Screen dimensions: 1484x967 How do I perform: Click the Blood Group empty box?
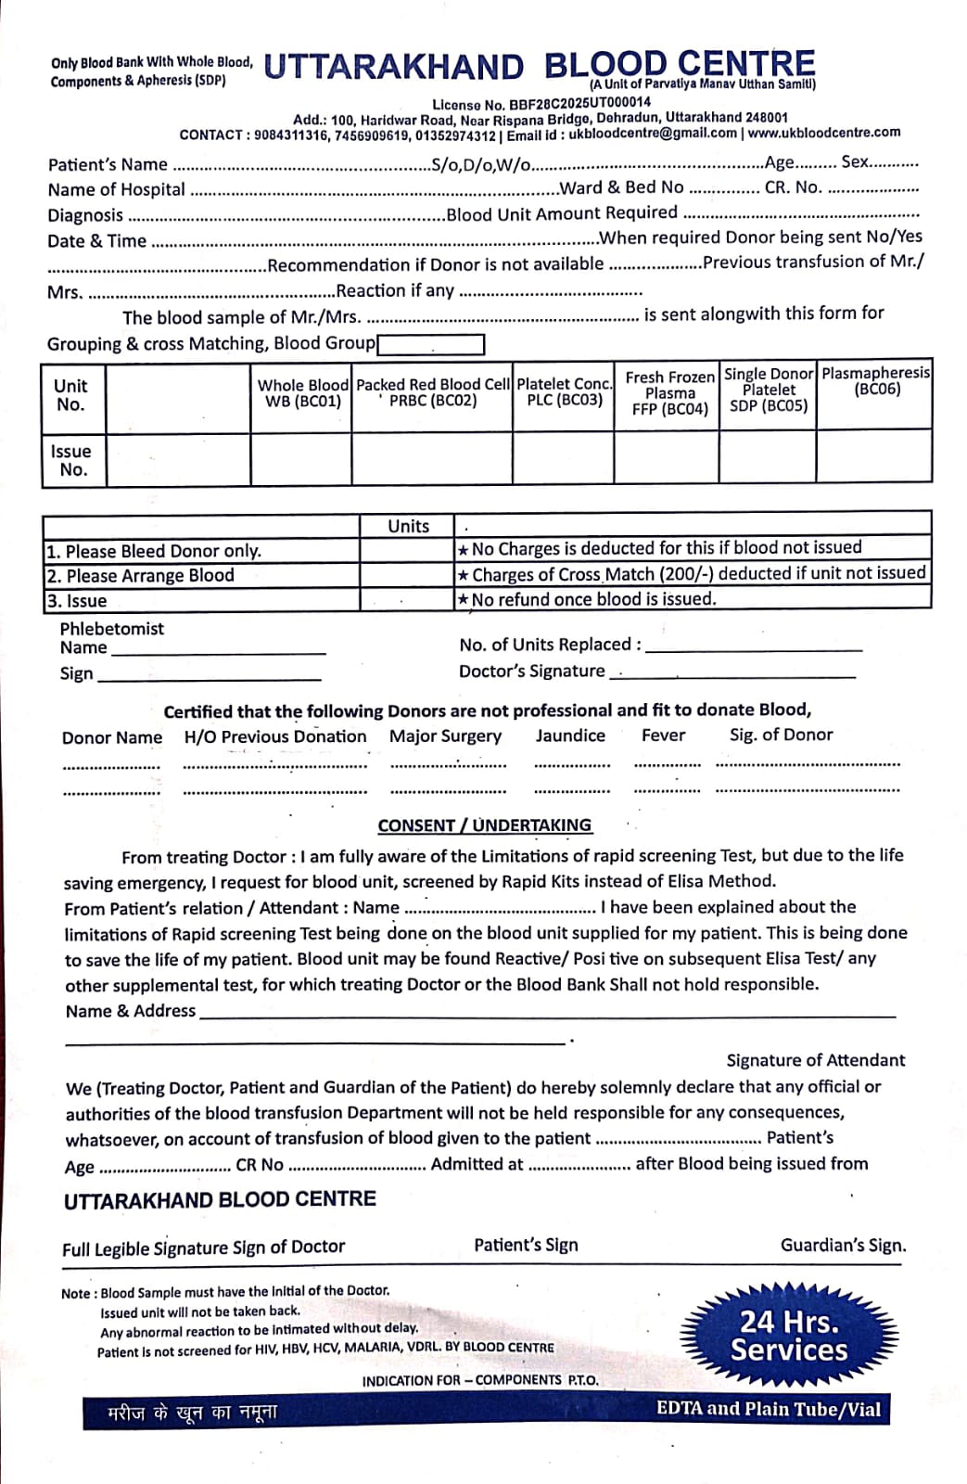pyautogui.click(x=431, y=345)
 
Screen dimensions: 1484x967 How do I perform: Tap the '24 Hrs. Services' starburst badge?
pyautogui.click(x=789, y=1336)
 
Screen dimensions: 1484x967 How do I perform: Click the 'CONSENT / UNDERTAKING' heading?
pyautogui.click(x=484, y=825)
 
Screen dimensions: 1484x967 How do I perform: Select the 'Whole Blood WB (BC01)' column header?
pyautogui.click(x=302, y=393)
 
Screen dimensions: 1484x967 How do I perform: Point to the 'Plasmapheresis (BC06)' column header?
pyautogui.click(x=875, y=381)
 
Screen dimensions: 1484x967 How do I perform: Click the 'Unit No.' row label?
pyautogui.click(x=70, y=395)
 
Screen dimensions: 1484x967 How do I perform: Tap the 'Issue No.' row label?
pyautogui.click(x=71, y=460)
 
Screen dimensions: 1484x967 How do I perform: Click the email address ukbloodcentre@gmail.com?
pyautogui.click(x=653, y=133)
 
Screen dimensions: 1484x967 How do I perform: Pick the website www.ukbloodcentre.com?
pyautogui.click(x=824, y=132)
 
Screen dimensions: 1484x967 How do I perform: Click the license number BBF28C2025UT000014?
pyautogui.click(x=579, y=103)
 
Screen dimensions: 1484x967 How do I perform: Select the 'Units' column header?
pyautogui.click(x=408, y=526)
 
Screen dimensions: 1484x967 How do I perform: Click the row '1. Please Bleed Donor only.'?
pyautogui.click(x=154, y=551)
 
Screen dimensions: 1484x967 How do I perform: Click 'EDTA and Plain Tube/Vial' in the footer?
pyautogui.click(x=769, y=1409)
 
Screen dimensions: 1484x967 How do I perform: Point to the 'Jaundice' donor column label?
pyautogui.click(x=570, y=736)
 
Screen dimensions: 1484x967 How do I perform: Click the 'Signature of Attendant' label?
pyautogui.click(x=816, y=1060)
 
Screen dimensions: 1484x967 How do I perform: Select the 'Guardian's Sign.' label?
pyautogui.click(x=843, y=1246)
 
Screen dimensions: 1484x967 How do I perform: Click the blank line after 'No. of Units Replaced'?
pyautogui.click(x=754, y=646)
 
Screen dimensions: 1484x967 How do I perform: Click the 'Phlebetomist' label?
pyautogui.click(x=111, y=628)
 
